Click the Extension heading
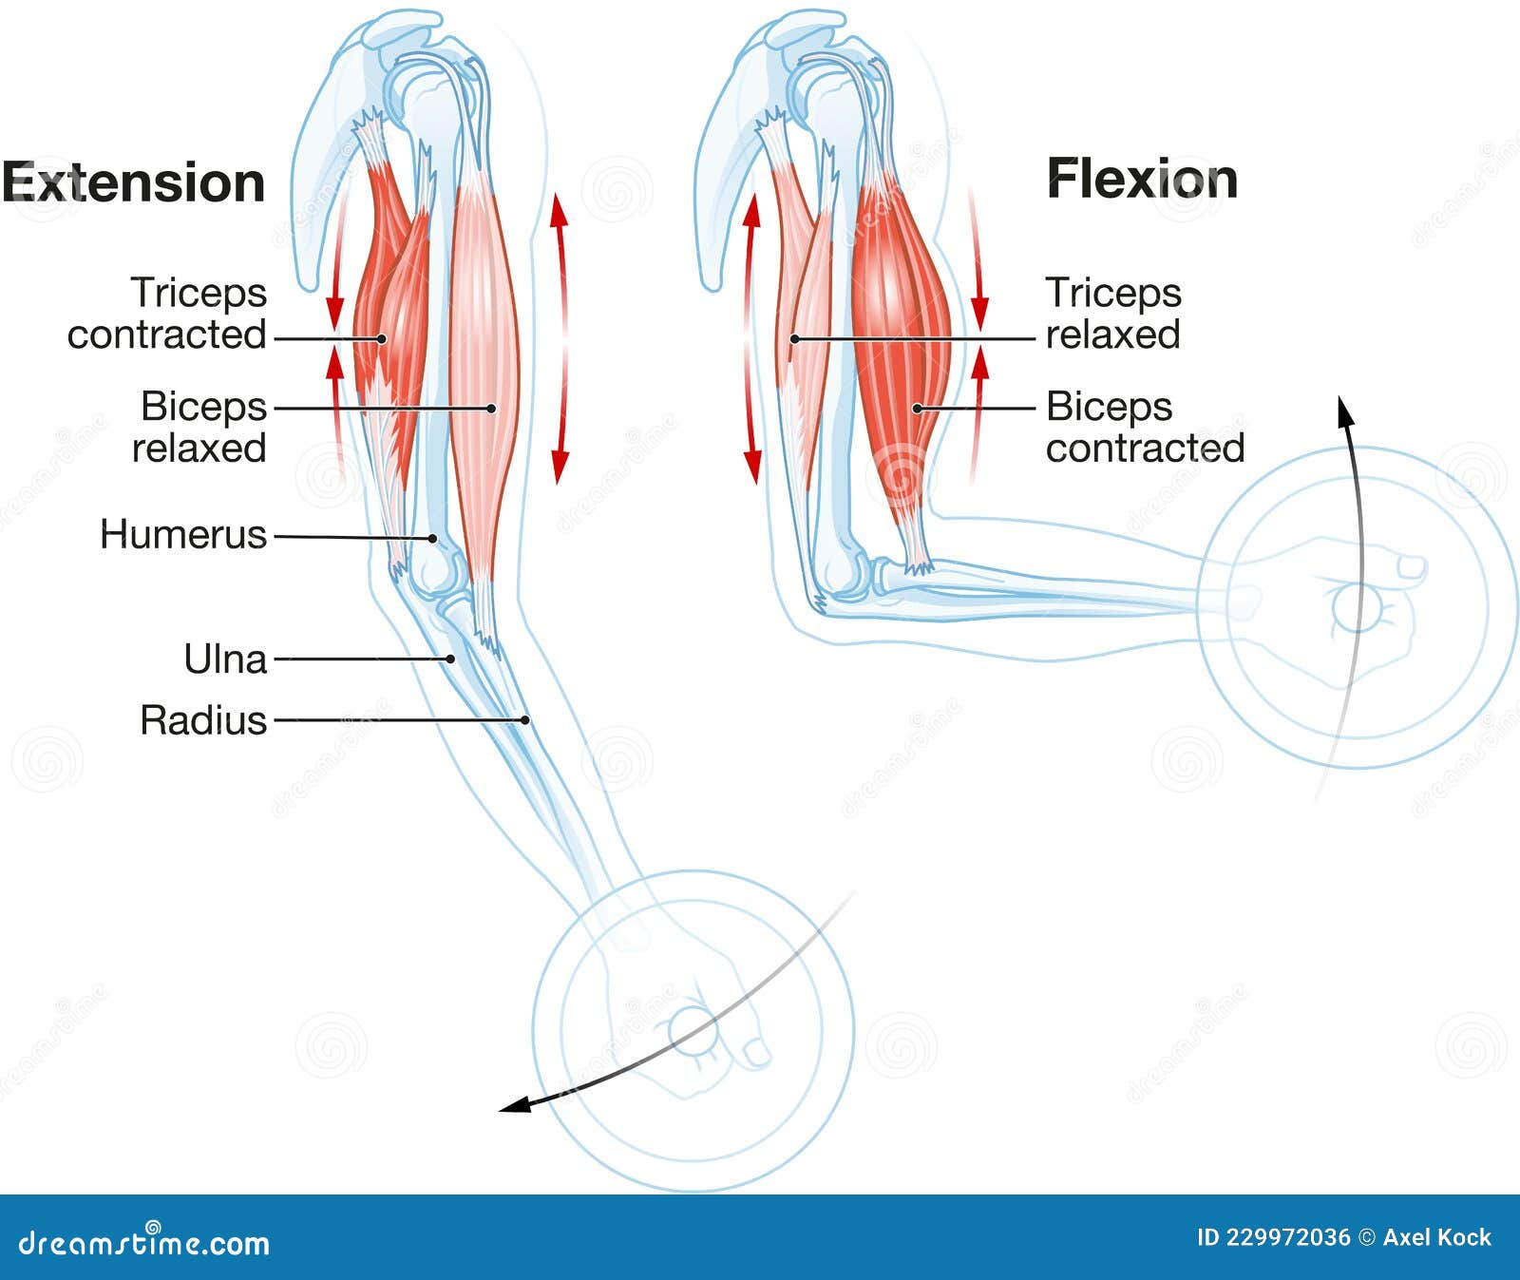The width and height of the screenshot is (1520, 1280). pos(133,182)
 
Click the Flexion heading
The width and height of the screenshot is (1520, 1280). pos(1142,179)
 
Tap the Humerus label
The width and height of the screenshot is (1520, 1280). pos(183,534)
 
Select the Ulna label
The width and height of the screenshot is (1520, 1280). pos(225,659)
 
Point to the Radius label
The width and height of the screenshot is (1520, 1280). pos(203,720)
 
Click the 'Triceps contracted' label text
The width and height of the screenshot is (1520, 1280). pos(167,314)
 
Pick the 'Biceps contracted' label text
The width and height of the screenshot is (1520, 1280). pos(1145,427)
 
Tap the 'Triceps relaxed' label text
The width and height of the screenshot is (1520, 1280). pos(1113,314)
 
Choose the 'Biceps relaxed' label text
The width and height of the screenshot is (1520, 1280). pos(199,427)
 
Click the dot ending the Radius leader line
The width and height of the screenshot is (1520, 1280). pos(525,720)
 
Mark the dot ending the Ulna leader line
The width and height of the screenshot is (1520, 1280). pos(451,659)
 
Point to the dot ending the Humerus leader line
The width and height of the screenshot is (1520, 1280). pos(432,538)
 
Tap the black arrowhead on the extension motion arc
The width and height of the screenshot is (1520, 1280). pos(515,1104)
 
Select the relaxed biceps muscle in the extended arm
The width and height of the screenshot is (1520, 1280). pos(484,380)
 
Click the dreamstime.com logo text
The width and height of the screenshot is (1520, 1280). pos(144,1242)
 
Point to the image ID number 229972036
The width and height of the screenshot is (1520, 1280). pos(1287,1237)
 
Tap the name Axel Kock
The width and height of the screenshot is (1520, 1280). pos(1437,1237)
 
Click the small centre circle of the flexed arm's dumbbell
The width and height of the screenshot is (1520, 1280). pos(1357,608)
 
